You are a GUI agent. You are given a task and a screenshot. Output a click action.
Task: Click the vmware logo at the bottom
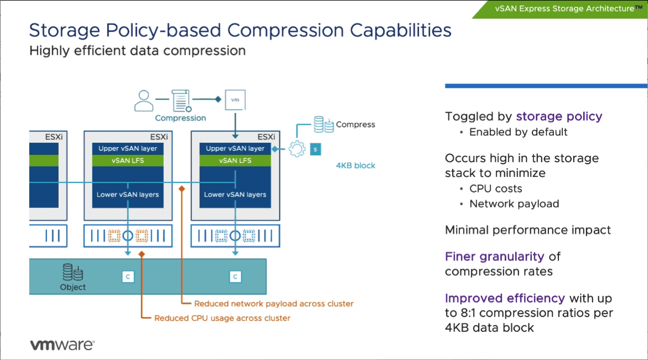(62, 345)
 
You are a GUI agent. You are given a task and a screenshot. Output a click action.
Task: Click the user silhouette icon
(144, 100)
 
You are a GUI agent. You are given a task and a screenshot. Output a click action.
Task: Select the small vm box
(235, 100)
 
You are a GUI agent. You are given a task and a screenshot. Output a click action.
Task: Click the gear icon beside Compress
(298, 148)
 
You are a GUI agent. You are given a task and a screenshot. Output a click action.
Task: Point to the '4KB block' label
(355, 165)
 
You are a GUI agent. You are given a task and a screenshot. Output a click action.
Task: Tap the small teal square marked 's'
(315, 149)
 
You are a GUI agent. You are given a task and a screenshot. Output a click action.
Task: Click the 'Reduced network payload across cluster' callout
(274, 304)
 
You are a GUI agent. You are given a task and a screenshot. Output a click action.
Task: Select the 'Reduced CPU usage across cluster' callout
(222, 318)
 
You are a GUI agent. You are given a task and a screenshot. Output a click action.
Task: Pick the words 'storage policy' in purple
(559, 116)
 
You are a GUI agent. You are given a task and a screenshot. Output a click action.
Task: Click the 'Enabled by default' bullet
(518, 132)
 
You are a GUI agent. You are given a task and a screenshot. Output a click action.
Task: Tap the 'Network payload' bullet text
(514, 204)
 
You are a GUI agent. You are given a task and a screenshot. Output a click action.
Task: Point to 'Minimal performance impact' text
(528, 230)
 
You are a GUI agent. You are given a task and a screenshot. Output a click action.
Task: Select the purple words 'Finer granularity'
(495, 257)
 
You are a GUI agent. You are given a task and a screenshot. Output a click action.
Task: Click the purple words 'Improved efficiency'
(505, 298)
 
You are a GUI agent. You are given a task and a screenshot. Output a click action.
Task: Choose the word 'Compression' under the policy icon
(180, 118)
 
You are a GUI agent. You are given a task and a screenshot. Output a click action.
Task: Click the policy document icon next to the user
(181, 100)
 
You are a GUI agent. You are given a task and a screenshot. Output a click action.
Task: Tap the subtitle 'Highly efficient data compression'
(137, 51)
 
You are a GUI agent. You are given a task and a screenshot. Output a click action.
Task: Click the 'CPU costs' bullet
(495, 189)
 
